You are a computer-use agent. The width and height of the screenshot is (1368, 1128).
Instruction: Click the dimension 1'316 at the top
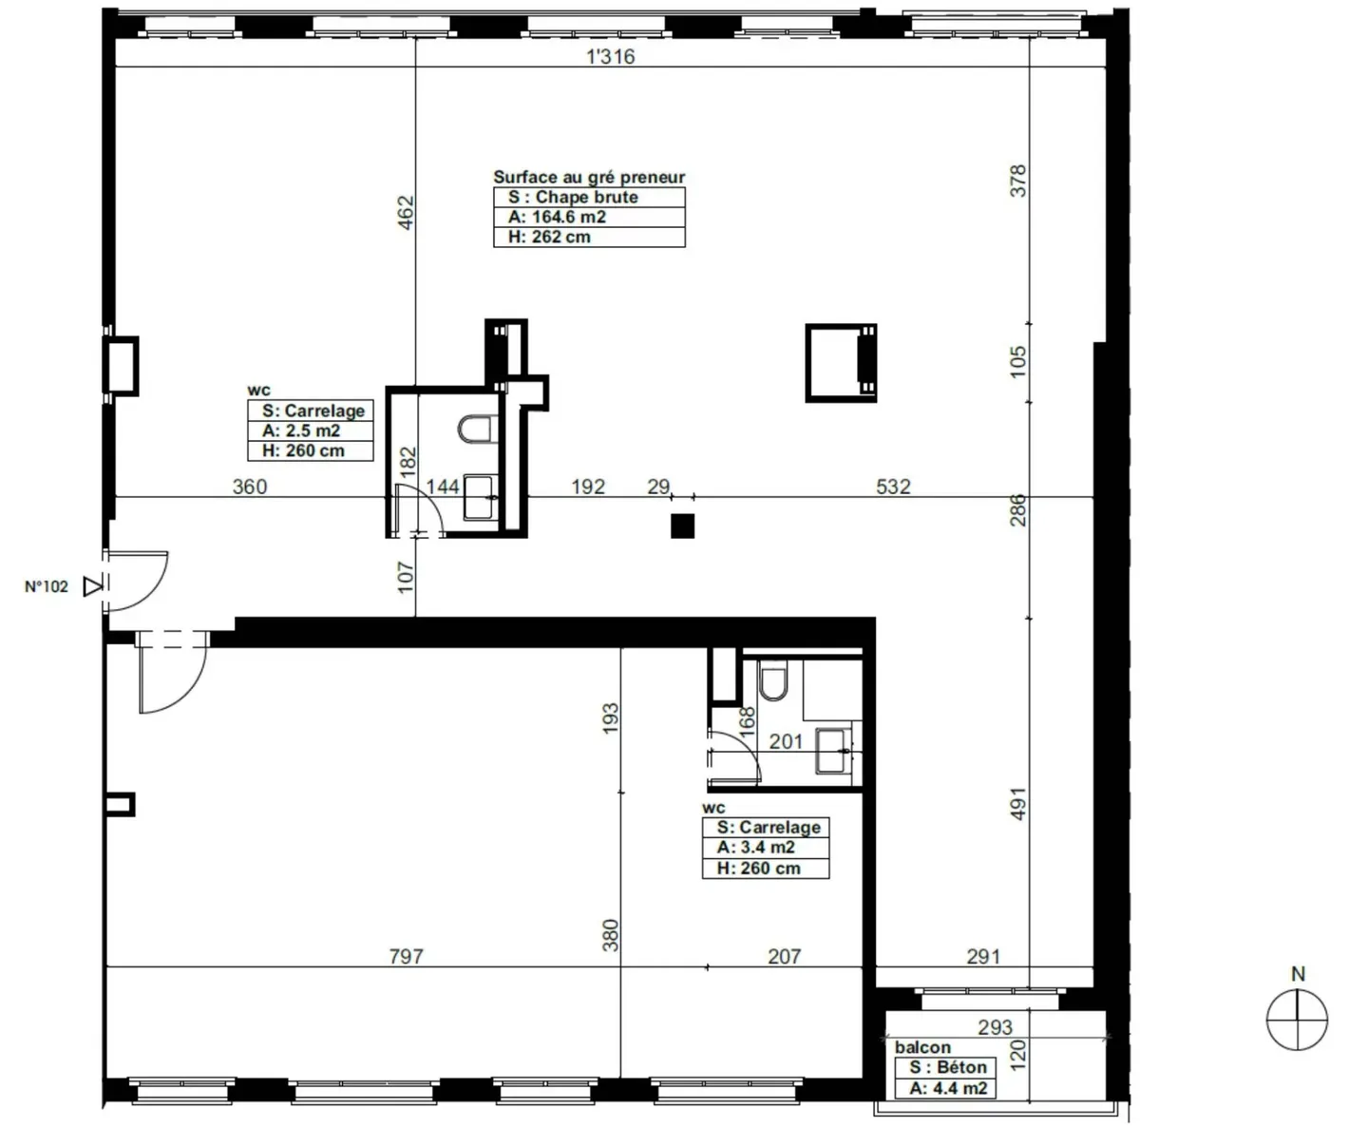(x=610, y=56)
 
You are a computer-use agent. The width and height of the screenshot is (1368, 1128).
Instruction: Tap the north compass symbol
(x=1297, y=1019)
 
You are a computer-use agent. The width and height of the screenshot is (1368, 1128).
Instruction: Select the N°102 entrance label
(x=47, y=586)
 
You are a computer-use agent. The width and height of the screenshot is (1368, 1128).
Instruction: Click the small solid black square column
(x=682, y=526)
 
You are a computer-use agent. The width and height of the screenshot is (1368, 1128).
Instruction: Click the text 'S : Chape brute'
(x=573, y=197)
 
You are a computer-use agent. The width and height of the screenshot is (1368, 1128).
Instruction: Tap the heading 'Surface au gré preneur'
(x=588, y=177)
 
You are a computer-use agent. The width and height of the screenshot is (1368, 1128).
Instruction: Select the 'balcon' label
(x=921, y=1047)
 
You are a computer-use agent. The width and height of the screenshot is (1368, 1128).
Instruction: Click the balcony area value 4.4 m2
(x=948, y=1088)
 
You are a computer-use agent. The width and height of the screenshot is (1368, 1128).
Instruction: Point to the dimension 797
(x=406, y=956)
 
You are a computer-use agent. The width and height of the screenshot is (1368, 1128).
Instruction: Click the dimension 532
(x=893, y=487)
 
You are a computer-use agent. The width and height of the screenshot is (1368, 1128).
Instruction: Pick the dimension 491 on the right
(x=1018, y=803)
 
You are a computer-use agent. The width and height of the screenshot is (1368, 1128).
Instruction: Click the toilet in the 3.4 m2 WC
(x=774, y=682)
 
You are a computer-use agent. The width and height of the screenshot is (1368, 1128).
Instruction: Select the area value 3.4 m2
(x=756, y=847)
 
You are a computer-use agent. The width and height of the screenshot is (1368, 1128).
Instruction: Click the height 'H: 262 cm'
(x=549, y=237)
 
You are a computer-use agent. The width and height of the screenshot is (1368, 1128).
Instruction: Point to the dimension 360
(x=250, y=487)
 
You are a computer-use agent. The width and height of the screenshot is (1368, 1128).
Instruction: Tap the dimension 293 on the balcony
(x=995, y=1027)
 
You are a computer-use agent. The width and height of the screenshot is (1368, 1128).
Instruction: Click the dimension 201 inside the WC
(x=786, y=741)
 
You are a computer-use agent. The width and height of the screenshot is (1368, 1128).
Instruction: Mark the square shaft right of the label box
(x=841, y=363)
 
